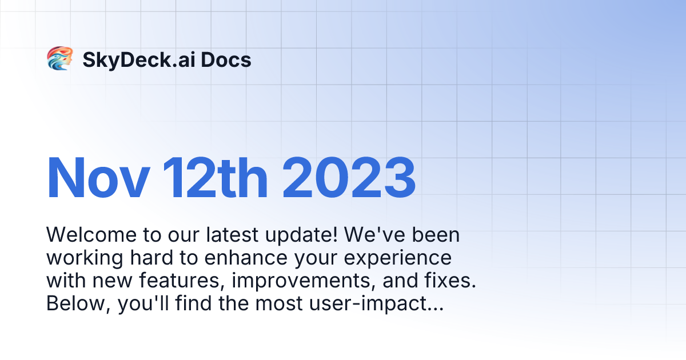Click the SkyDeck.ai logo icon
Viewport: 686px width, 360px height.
point(59,59)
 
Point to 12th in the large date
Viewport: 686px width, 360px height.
point(214,178)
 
